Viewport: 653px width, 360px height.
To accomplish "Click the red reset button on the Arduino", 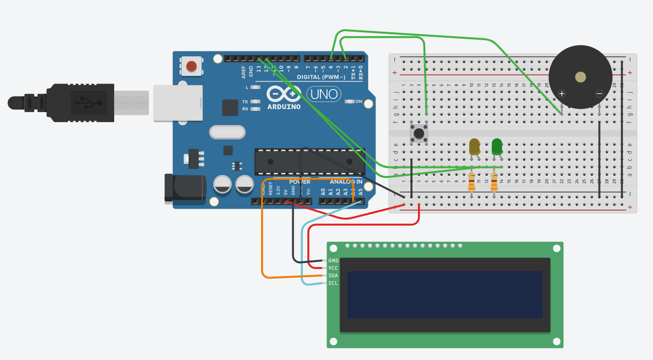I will coord(191,66).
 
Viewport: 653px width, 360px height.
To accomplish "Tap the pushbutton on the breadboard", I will coord(419,133).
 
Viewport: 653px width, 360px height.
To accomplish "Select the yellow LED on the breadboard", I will coord(474,146).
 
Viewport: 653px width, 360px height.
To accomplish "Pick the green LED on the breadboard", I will coord(497,146).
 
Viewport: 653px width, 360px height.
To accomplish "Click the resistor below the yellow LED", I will coord(471,182).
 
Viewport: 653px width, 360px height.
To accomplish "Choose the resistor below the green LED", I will coord(494,182).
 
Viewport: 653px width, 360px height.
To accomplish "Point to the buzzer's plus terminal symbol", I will coord(562,94).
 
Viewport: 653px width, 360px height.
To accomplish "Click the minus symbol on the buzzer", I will coord(599,94).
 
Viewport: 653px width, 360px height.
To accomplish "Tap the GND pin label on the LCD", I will coord(333,260).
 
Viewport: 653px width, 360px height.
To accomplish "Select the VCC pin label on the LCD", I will coord(333,268).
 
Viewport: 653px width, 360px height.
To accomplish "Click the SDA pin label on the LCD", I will coord(333,276).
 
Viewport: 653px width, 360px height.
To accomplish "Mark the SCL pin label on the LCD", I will coord(333,283).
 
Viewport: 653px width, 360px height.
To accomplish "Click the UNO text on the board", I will coord(323,94).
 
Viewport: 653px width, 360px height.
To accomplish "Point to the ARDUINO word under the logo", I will coord(284,107).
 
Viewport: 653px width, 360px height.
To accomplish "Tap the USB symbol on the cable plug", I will coord(89,103).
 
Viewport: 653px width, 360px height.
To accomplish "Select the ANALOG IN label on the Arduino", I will coord(346,182).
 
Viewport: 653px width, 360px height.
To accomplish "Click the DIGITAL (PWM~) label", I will coord(321,77).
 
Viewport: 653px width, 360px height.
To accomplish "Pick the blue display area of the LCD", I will coord(445,295).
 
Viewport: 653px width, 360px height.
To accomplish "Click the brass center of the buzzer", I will coord(581,77).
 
